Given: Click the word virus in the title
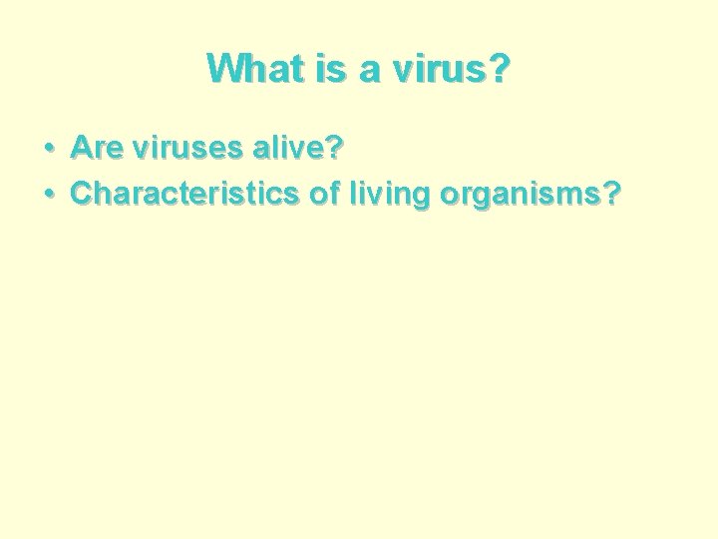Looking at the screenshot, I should (424, 68).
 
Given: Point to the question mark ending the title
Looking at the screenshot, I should (496, 68).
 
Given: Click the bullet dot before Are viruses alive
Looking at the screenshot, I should (49, 150).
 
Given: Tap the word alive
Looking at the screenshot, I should (277, 150).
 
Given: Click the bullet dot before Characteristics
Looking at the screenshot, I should (49, 194).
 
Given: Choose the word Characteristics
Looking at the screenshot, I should (184, 194).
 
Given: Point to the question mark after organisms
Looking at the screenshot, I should (606, 194).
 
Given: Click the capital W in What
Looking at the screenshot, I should (224, 68).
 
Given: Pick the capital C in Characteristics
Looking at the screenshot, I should (81, 194).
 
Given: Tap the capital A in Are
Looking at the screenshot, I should (81, 150).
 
